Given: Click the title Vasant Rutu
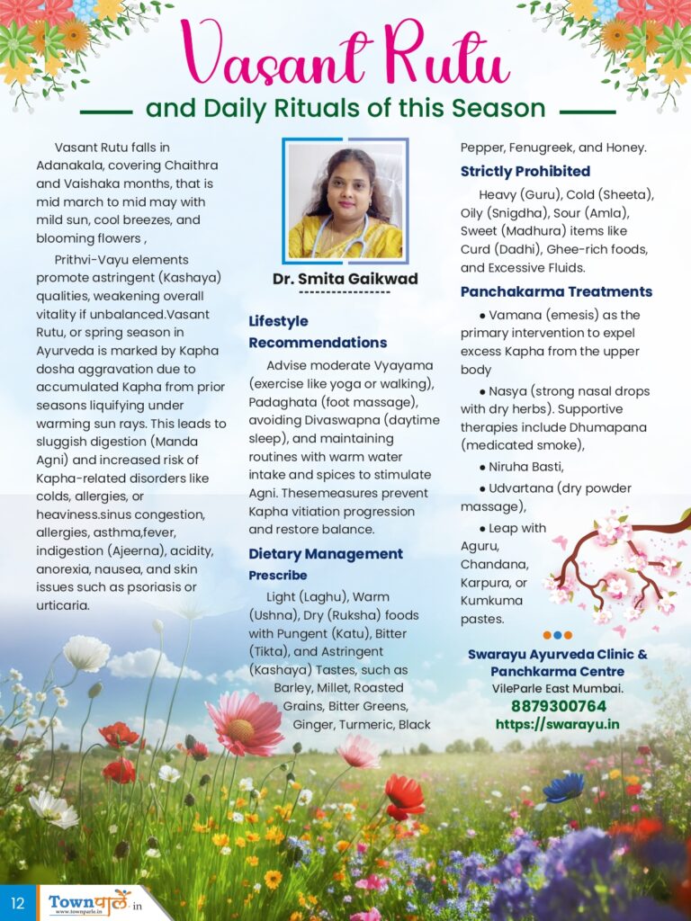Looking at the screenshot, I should pyautogui.click(x=346, y=56).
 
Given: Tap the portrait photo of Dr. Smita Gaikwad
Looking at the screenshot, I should pyautogui.click(x=345, y=199).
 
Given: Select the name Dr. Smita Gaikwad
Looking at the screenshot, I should pyautogui.click(x=345, y=279).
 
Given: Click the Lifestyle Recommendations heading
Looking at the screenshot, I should pyautogui.click(x=318, y=332).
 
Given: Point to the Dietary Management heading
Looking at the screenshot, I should pyautogui.click(x=326, y=554).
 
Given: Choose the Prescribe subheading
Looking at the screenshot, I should pyautogui.click(x=278, y=575).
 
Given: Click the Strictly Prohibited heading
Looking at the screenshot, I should pyautogui.click(x=525, y=171).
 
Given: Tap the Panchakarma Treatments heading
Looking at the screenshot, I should pyautogui.click(x=556, y=291).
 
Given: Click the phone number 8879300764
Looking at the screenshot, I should pyautogui.click(x=558, y=706).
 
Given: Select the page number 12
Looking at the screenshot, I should pyautogui.click(x=18, y=902).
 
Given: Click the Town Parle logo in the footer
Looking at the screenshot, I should pyautogui.click(x=90, y=901).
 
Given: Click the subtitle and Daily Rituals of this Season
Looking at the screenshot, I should pyautogui.click(x=345, y=109).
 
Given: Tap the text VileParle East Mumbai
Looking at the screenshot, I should pyautogui.click(x=558, y=688).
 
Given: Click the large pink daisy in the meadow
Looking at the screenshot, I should pyautogui.click(x=244, y=725).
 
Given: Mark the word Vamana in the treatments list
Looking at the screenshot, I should pyautogui.click(x=514, y=315).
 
